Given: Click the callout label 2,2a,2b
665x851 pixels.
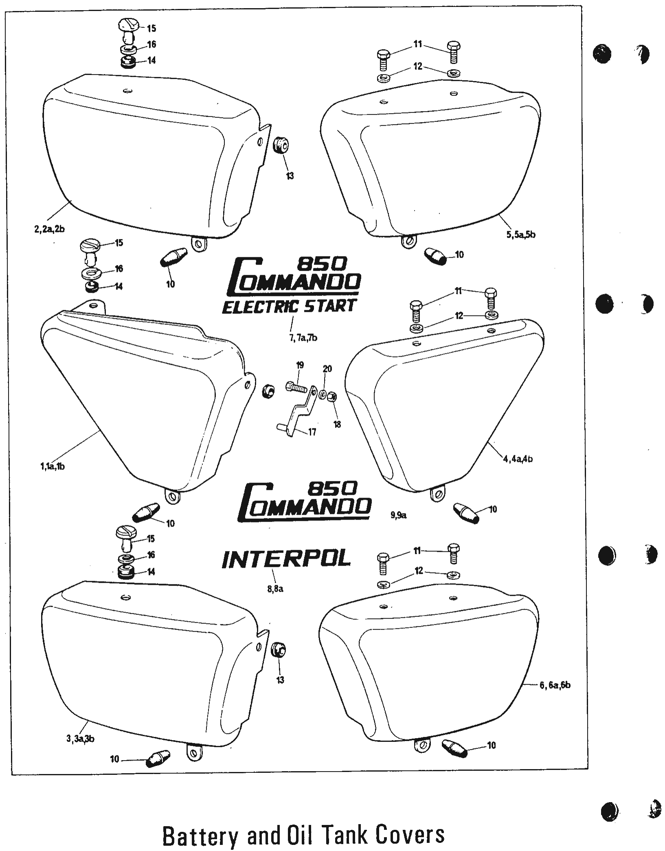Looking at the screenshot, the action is coord(50,229).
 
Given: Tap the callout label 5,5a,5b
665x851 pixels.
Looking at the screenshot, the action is coord(521,235).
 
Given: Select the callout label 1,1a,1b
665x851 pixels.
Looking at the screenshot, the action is coord(50,467).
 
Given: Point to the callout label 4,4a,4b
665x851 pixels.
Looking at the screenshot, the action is coord(518,459).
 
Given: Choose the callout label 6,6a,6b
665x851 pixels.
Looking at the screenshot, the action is coord(555,685).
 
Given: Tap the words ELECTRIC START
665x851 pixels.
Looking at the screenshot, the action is coord(290,306).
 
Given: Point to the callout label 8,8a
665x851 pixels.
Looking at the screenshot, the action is coord(275,589).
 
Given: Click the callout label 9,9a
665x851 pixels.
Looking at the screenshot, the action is coord(399,515).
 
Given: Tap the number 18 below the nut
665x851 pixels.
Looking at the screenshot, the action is coord(337,424).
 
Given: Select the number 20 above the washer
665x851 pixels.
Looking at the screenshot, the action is coord(327,369).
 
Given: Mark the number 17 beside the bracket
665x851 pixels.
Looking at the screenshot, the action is coord(312,432).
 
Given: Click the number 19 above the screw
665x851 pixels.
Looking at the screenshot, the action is coord(300,365).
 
